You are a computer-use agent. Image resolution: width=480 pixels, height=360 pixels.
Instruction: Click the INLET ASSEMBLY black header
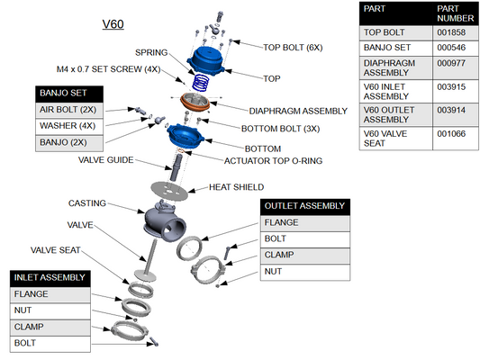(x=50, y=277)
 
